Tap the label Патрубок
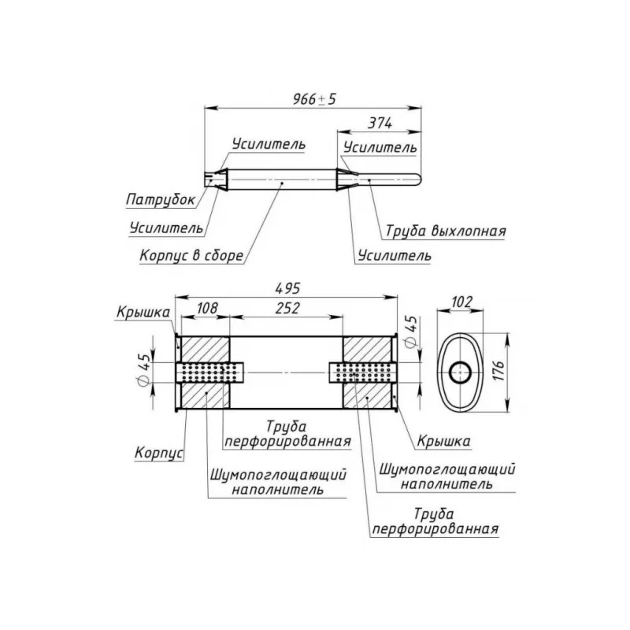[x=160, y=200]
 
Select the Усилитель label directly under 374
[x=380, y=147]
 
